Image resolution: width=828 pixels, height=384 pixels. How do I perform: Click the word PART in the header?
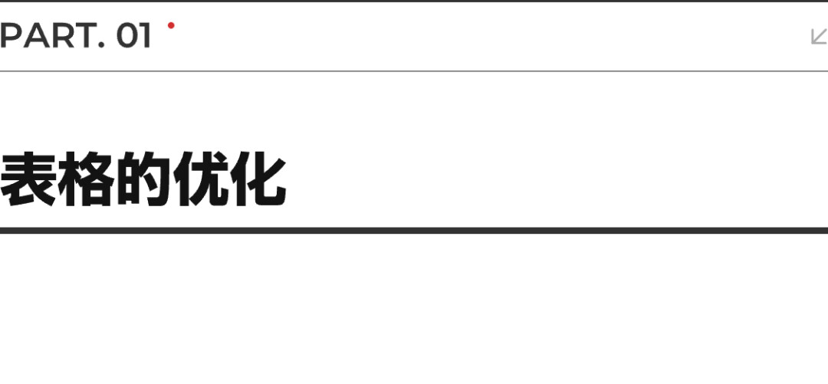tap(48, 36)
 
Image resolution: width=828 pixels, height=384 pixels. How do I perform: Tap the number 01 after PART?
tap(134, 36)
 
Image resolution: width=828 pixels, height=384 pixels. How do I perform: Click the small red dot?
tap(171, 25)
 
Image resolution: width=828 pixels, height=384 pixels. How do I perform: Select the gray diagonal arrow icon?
tap(819, 37)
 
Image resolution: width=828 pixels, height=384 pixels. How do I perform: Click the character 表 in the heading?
tap(28, 179)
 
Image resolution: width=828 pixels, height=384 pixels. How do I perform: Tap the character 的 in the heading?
tap(143, 179)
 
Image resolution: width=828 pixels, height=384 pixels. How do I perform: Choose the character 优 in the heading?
tap(201, 179)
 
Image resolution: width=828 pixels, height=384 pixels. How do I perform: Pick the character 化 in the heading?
tap(258, 179)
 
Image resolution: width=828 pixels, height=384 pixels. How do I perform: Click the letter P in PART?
tap(9, 36)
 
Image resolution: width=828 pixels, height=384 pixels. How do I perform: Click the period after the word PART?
tap(102, 45)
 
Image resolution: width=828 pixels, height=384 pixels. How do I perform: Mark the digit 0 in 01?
tap(127, 36)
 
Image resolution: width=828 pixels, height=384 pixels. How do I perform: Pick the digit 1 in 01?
tap(146, 36)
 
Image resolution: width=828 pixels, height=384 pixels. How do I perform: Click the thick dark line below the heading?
tap(414, 230)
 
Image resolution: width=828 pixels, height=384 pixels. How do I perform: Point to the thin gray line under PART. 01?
tap(414, 71)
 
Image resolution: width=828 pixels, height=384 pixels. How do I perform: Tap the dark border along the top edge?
tap(414, 1)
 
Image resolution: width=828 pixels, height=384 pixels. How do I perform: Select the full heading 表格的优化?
tap(143, 179)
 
